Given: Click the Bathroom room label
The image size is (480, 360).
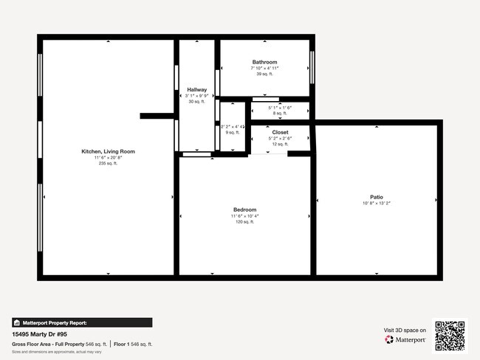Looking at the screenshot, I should tap(264, 62).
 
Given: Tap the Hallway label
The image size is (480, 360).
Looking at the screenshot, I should tap(196, 89).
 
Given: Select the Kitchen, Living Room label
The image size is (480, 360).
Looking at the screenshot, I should tap(108, 151).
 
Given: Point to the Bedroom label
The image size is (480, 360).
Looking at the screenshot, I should tap(244, 210).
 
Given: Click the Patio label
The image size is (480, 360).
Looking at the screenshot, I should tap(377, 197).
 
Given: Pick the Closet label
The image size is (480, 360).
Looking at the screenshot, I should tap(280, 132).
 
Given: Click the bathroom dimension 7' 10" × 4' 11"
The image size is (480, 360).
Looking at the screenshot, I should tap(264, 68).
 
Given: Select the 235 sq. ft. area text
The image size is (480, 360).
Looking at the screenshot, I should tap(108, 163).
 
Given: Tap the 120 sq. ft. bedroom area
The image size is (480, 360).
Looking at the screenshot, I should tap(244, 221).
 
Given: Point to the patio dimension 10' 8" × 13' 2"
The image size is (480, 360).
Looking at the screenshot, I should tap(377, 203).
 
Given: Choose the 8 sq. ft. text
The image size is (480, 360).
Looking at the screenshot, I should tap(280, 113).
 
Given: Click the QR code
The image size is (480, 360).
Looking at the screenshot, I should tap(450, 335).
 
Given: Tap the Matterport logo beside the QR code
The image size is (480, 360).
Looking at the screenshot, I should tap(405, 340).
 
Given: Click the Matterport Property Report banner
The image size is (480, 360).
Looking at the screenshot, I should tap(82, 322).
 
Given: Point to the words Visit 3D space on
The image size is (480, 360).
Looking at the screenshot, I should tap(405, 330).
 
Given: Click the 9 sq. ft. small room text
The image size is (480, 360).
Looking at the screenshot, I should tap(232, 132).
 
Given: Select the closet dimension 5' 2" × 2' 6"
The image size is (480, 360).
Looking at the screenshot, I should tap(280, 138).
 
